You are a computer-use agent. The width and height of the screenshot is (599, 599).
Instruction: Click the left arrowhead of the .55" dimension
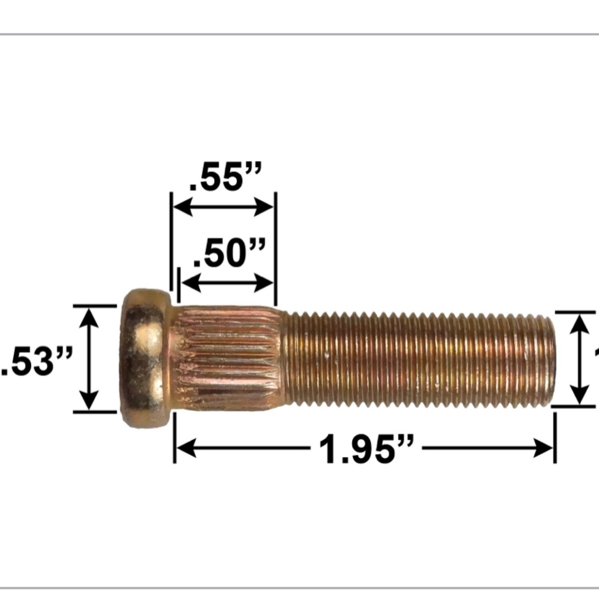[182, 208]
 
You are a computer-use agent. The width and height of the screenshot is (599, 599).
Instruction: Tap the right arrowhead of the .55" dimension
[265, 208]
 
